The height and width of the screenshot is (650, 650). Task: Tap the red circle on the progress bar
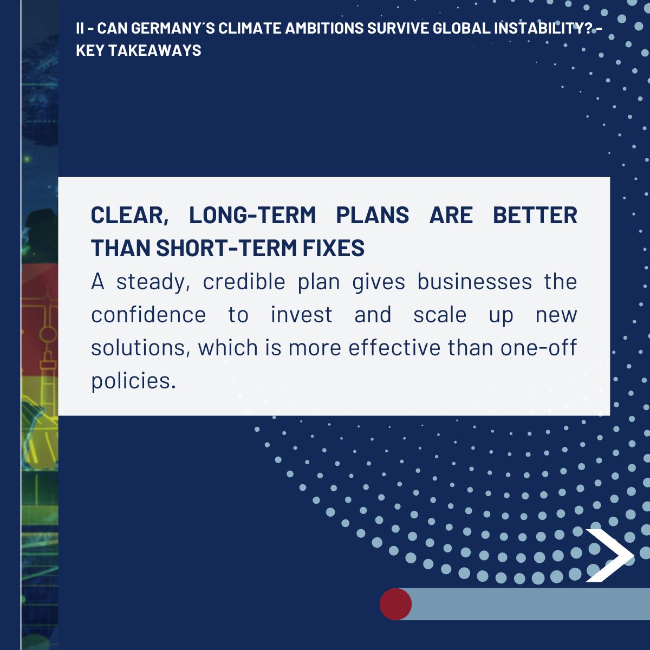point(395,604)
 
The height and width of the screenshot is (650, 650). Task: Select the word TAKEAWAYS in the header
point(155,50)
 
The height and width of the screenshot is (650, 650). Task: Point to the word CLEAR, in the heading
point(130,216)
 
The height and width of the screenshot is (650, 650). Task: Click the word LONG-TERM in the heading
point(252,215)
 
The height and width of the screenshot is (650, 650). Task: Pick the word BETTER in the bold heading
point(535,215)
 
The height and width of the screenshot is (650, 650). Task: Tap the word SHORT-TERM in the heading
point(226,248)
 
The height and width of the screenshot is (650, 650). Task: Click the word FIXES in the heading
point(334,248)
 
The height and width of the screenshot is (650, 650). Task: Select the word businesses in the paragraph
point(474,282)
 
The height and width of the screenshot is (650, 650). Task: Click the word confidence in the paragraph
point(148,315)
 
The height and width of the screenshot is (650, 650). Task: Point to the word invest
point(302,315)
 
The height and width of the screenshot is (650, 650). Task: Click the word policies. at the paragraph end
point(134,381)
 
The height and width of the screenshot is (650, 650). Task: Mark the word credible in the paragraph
point(244,282)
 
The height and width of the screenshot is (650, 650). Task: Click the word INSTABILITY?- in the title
point(548,28)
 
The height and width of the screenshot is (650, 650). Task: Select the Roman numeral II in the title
point(80,28)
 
